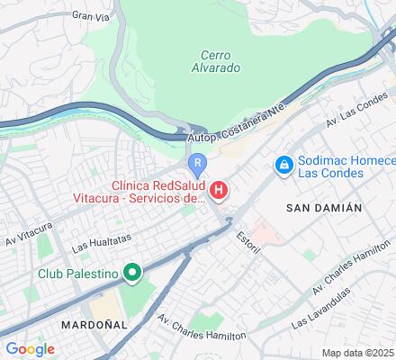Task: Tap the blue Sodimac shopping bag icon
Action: [x=283, y=165]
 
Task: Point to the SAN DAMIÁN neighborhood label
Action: [x=323, y=207]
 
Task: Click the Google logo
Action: [x=30, y=349]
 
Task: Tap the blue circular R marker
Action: [x=197, y=163]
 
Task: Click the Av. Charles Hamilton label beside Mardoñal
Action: [x=202, y=328]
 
